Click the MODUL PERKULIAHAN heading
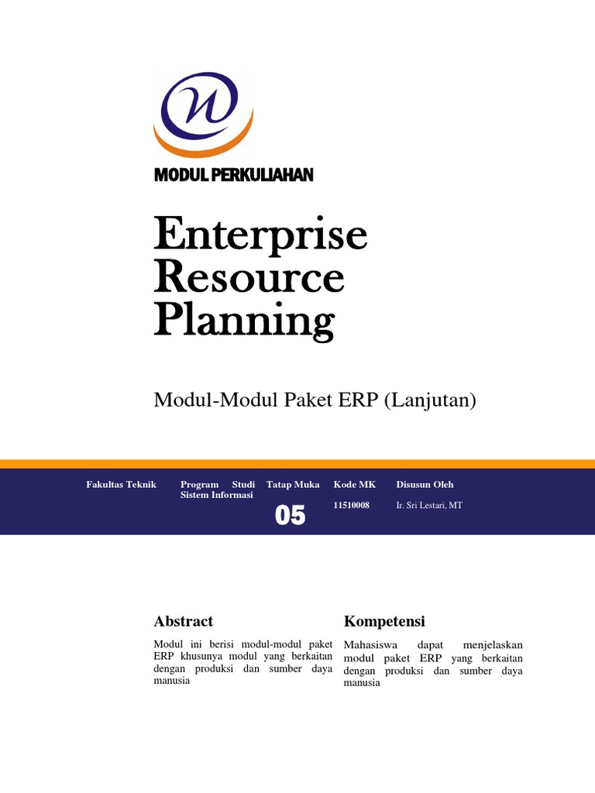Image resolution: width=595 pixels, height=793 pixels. coord(233,175)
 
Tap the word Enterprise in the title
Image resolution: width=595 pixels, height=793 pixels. coord(260,235)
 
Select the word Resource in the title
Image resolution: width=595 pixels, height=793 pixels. coord(249,277)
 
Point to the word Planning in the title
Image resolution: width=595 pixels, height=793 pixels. coord(244,321)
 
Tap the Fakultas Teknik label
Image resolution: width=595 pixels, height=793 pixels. coord(121,485)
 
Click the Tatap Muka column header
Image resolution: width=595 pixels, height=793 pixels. coord(293,485)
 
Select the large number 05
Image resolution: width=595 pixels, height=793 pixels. coord(291,515)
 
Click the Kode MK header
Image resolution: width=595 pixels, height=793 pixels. coord(355,485)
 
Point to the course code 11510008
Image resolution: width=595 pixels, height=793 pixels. coord(351,505)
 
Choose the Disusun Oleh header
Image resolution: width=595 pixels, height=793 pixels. coord(425,485)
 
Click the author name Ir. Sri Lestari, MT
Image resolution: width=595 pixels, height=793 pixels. coord(428,505)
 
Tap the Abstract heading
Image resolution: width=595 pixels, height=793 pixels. coord(184,621)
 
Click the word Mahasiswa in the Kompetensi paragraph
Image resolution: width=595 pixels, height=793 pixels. coord(367,645)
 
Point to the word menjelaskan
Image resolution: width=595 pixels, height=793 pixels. coord(493,645)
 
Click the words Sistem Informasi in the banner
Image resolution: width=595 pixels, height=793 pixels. coord(216,495)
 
